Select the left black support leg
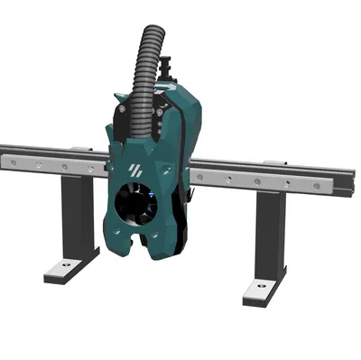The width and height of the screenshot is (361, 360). tap(76, 217)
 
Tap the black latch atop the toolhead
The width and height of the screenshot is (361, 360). tap(165, 69)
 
